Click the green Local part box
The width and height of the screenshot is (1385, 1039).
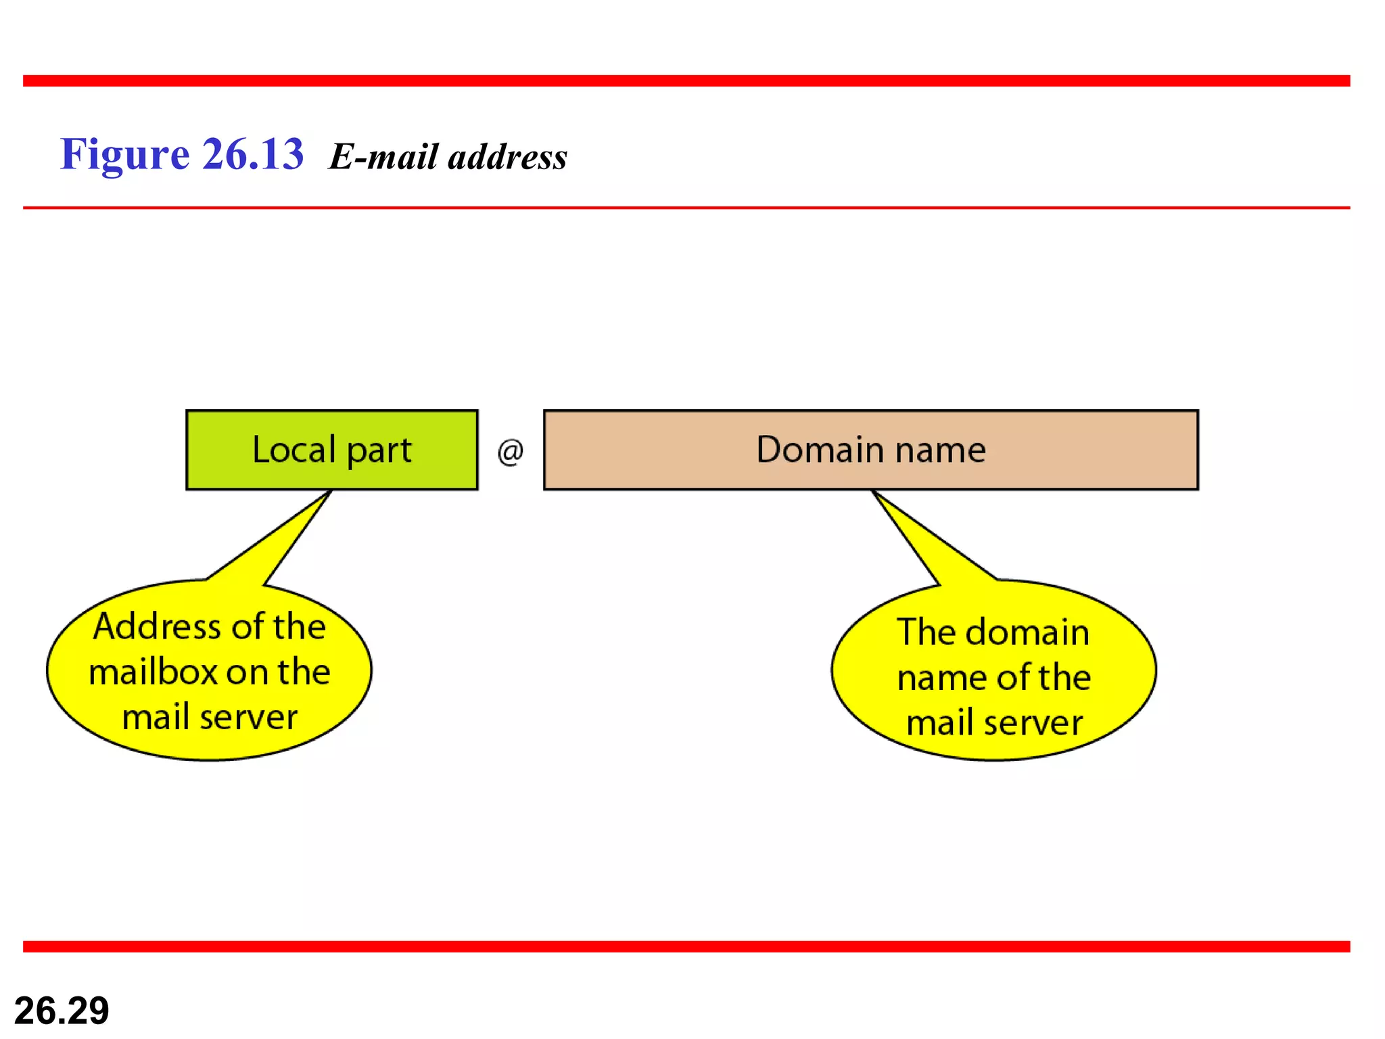coord(331,449)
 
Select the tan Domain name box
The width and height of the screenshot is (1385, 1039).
coord(870,449)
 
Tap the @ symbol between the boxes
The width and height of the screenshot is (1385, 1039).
coord(511,452)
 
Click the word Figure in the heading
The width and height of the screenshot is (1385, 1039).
coord(124,155)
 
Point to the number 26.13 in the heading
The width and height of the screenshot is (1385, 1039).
coord(252,154)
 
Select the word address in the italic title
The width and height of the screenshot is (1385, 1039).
coord(507,157)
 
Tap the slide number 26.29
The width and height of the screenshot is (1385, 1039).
coord(62,1011)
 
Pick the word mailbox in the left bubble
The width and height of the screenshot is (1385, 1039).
coord(153,672)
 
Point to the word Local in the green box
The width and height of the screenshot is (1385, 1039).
coord(294,449)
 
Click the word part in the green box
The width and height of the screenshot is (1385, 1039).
coord(379,451)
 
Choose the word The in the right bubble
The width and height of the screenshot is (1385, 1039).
coord(926,632)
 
